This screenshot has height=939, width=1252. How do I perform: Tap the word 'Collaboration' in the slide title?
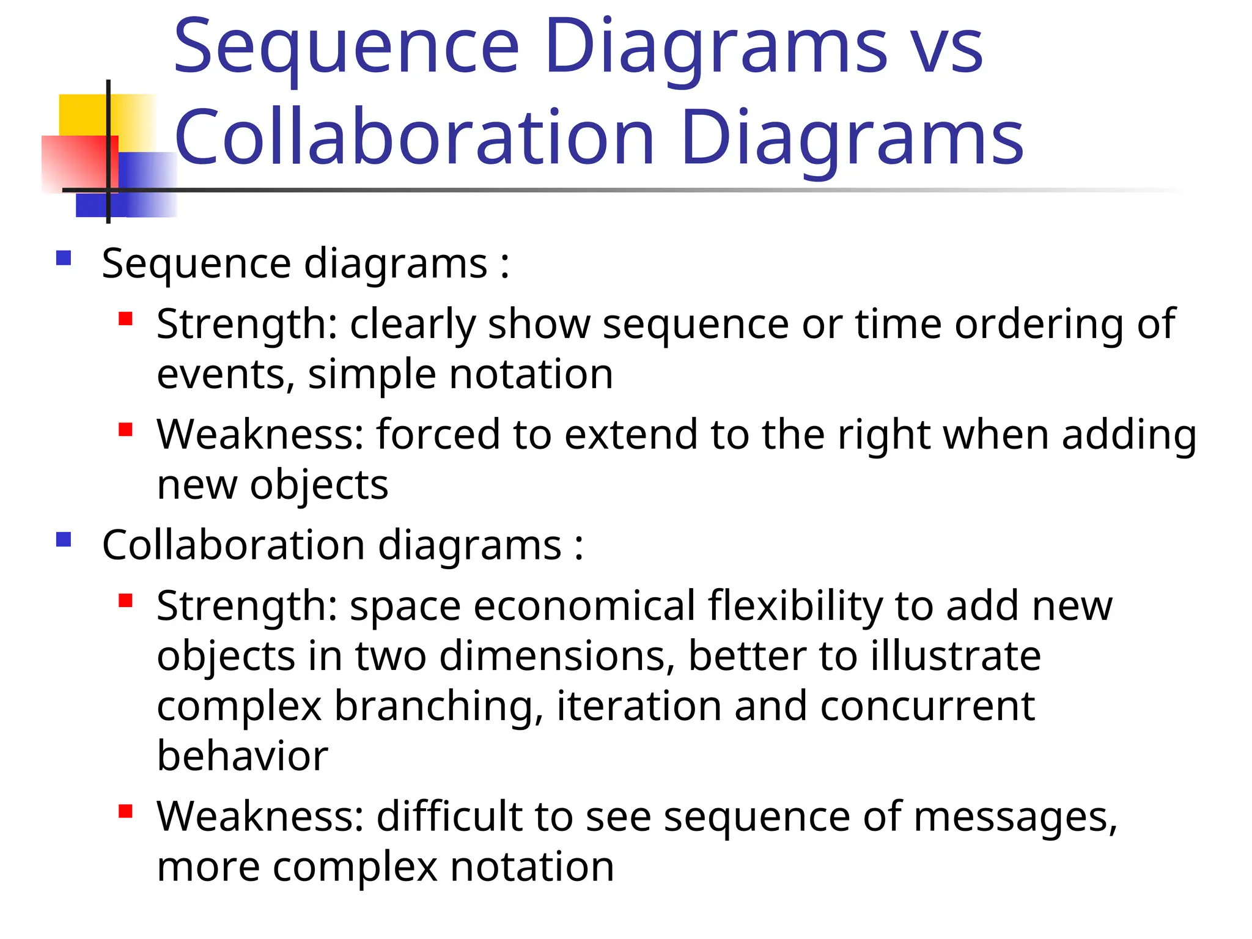pyautogui.click(x=414, y=138)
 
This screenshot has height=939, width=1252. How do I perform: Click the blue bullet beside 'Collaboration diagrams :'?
pyautogui.click(x=64, y=539)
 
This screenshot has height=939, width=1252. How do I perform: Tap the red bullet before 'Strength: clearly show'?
pyautogui.click(x=126, y=319)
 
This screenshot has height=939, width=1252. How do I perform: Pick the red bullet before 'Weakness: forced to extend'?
pyautogui.click(x=126, y=429)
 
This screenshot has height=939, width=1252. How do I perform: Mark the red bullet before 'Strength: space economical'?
pyautogui.click(x=126, y=600)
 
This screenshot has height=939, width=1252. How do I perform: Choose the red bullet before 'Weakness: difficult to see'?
pyautogui.click(x=126, y=811)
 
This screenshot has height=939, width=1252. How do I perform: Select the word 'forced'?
pyautogui.click(x=438, y=435)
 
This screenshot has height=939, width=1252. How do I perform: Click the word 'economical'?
pyautogui.click(x=584, y=606)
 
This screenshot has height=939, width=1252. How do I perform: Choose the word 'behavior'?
pyautogui.click(x=243, y=756)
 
